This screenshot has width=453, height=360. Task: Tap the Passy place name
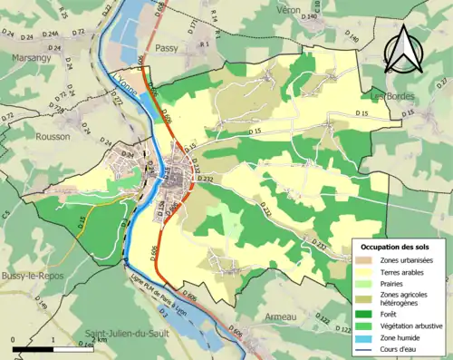click(167, 48)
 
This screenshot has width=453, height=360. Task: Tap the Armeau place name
click(280, 316)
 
